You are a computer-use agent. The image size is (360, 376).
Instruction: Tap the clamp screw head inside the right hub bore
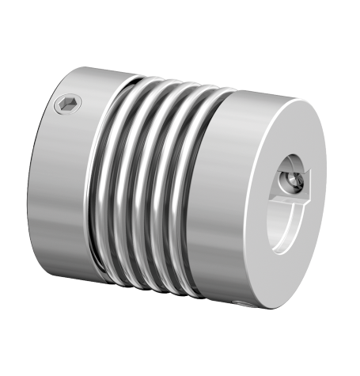point(294,183)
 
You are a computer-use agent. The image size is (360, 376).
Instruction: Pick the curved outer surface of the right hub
point(237,198)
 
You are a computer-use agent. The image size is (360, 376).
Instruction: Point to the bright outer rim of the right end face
point(336,198)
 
